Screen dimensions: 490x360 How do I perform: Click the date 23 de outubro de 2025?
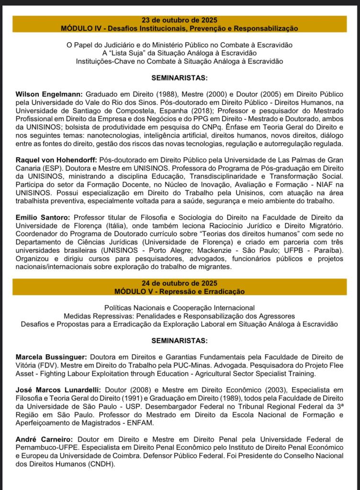pyautogui.click(x=180, y=20)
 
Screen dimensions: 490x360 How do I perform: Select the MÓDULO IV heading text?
pyautogui.click(x=180, y=28)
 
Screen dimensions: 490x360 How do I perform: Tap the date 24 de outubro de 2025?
pyautogui.click(x=180, y=283)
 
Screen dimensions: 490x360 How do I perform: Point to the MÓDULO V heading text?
pyautogui.click(x=180, y=291)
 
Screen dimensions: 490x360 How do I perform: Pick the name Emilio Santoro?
pyautogui.click(x=41, y=216)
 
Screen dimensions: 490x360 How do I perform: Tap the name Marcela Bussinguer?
pyautogui.click(x=51, y=357)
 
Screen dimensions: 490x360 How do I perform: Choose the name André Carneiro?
pyautogui.click(x=41, y=439)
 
